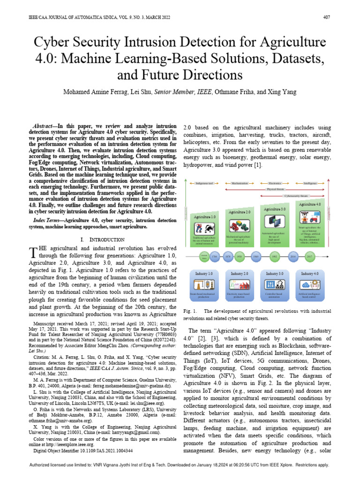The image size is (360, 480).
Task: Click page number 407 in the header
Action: (x=327, y=17)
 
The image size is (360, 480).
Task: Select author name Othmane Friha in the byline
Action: (x=234, y=92)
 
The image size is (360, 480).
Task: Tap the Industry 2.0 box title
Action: (x=239, y=273)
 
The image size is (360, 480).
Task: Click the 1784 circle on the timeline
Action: (x=215, y=256)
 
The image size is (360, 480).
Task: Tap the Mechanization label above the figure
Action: (x=240, y=184)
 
